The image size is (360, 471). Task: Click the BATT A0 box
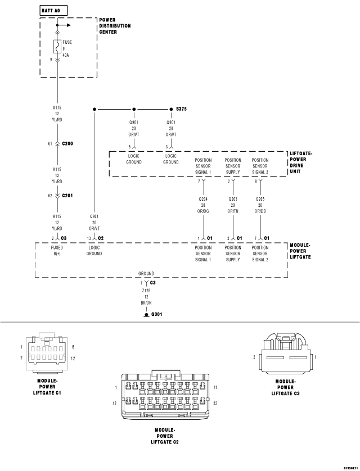53,11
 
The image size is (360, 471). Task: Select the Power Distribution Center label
115,26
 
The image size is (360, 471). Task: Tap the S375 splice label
181,108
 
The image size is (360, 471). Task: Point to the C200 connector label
67,143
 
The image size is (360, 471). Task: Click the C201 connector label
67,196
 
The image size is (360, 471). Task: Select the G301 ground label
156,314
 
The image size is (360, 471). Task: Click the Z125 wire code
146,291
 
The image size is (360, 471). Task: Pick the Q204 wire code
203,199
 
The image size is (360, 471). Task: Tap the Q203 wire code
233,199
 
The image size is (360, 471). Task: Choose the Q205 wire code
260,199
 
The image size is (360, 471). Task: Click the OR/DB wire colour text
260,211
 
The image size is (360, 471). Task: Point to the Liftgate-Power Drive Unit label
301,162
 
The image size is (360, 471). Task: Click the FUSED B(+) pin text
57,251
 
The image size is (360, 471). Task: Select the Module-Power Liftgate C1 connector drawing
47,352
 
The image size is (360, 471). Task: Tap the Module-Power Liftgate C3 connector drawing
286,353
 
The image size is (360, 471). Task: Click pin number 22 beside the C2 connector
215,404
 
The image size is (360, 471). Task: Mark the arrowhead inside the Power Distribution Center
69,25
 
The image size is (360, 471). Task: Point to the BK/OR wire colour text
146,303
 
